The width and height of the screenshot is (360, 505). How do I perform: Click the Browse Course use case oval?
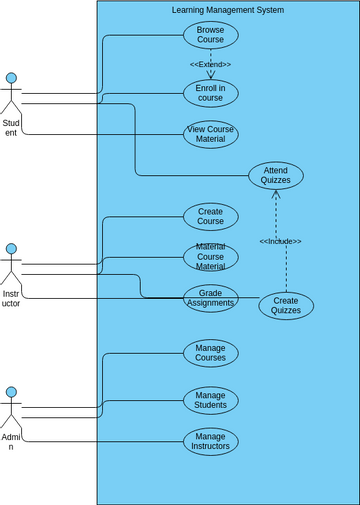210,35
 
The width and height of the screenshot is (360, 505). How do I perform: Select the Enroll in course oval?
210,93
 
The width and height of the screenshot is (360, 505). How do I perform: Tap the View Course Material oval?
210,134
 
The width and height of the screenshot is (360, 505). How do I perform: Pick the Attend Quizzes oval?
276,176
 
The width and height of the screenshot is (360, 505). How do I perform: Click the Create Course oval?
210,216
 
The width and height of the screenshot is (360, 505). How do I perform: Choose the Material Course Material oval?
210,257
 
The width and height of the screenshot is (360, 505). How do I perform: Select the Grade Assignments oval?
210,298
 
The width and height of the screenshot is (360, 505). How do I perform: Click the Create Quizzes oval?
286,306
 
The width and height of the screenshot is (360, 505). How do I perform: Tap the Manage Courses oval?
210,353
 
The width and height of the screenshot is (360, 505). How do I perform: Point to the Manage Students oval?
210,400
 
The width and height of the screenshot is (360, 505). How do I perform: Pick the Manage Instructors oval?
210,441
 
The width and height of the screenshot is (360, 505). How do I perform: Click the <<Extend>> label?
210,64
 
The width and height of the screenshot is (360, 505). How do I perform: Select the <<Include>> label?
280,241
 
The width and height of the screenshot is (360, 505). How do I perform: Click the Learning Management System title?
228,10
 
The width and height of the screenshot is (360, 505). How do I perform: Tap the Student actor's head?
11,78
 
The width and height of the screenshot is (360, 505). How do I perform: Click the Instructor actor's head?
11,249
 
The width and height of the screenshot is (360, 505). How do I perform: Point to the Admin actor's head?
11,393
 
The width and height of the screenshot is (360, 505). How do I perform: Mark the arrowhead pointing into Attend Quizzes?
277,194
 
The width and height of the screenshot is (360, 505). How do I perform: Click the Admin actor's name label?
11,442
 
